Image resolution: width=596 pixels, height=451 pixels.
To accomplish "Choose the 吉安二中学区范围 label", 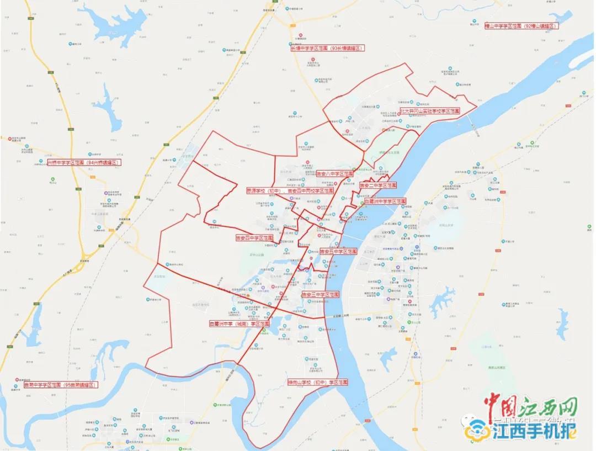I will pyautogui.click(x=378, y=185).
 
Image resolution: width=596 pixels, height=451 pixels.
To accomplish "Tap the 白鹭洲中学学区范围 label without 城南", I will pyautogui.click(x=385, y=201).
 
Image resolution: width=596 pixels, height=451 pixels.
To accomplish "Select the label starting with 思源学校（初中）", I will pyautogui.click(x=290, y=190).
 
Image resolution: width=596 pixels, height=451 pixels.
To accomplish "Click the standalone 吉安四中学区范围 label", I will pyautogui.click(x=254, y=238).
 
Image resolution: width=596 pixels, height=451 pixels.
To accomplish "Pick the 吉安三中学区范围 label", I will pyautogui.click(x=320, y=295).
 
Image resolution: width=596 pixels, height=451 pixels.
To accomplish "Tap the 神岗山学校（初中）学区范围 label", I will pyautogui.click(x=318, y=382).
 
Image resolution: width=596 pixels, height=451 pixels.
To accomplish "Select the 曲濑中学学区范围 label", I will pyautogui.click(x=61, y=385).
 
